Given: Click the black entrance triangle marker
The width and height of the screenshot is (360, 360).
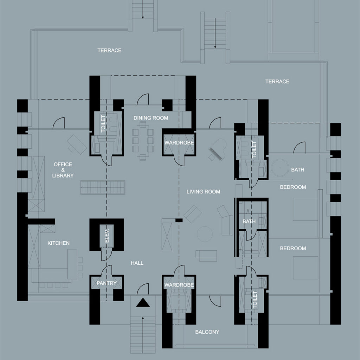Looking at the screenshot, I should (143, 303).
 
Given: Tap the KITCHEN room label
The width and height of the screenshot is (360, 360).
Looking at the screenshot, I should (58, 243).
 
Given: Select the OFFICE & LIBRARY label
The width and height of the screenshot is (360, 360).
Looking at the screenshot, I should (63, 170).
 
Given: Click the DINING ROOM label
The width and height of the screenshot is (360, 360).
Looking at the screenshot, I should (150, 118).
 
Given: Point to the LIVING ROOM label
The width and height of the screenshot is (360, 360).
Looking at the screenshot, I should (203, 192).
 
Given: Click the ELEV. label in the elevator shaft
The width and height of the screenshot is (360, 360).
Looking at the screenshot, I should (107, 236).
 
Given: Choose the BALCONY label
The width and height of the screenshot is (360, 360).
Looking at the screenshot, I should (207, 332).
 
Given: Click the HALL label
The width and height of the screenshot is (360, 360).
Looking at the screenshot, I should (137, 263).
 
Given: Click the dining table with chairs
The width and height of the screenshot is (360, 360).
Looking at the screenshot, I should (143, 141).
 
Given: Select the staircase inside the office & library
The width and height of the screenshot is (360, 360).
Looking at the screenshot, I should (103, 187).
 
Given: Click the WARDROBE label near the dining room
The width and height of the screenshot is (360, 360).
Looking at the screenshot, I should (179, 143).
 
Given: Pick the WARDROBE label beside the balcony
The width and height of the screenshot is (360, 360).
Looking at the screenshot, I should (179, 285).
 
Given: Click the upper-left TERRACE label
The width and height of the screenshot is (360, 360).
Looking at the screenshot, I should (109, 51).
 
